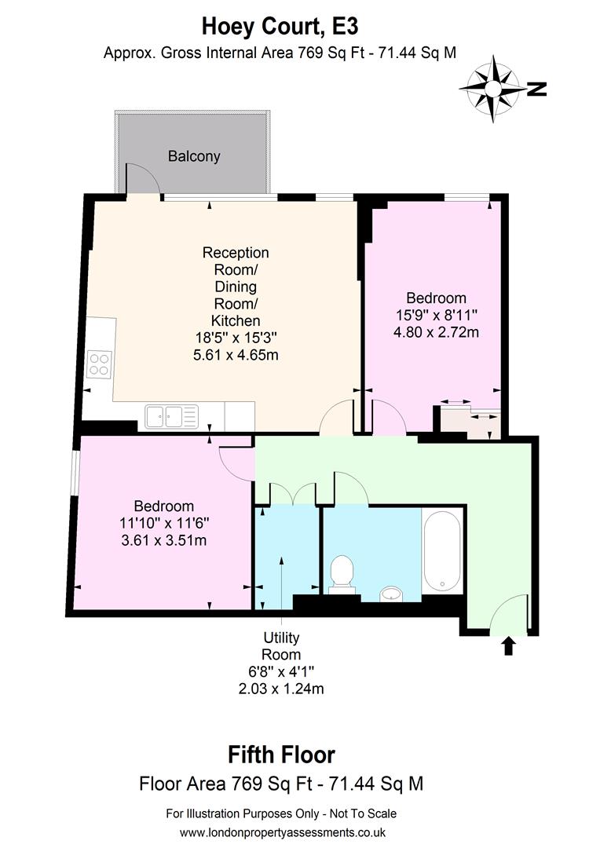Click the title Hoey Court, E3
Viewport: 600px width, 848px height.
coord(280,26)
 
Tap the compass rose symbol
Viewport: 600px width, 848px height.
coord(492,88)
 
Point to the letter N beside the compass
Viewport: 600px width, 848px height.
coord(537,89)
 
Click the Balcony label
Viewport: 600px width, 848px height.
coord(194,156)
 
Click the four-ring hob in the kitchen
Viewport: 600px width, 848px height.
coord(99,364)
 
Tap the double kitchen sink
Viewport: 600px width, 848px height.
coord(172,416)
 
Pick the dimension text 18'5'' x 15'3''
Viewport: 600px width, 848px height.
coord(236,338)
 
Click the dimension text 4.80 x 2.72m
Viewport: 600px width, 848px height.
coord(436,332)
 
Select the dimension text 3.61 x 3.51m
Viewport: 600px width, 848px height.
coord(163,540)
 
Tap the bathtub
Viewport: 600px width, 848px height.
coord(442,550)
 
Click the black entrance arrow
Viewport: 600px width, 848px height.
coord(508,645)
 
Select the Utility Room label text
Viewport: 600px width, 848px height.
coord(280,645)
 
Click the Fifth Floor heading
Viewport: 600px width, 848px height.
coord(281,755)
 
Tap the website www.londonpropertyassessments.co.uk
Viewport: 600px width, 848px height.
coord(282,832)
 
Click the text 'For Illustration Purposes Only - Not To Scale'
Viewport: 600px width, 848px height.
coord(281,813)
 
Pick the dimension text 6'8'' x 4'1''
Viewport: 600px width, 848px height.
coord(280,672)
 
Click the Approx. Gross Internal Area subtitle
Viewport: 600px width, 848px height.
coord(280,53)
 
